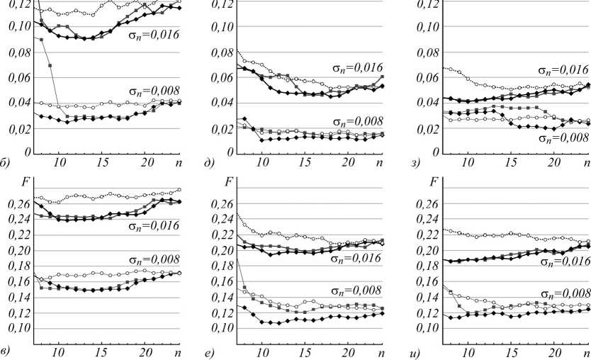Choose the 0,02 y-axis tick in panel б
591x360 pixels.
point(16,128)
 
